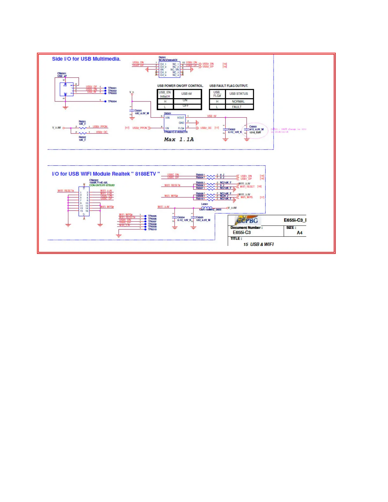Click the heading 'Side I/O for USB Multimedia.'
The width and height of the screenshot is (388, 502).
point(86,59)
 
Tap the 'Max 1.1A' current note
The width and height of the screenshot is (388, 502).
point(179,139)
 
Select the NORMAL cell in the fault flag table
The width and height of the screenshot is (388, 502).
point(238,102)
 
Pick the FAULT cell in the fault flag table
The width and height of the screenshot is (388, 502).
point(237,107)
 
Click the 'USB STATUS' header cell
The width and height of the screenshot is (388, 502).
point(239,94)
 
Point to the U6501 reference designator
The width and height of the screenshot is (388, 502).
point(167,113)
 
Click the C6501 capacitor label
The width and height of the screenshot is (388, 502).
point(138,111)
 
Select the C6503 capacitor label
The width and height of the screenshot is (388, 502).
point(253,126)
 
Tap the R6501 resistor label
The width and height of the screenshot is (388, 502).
point(82,122)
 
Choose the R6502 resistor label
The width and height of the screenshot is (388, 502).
point(82,137)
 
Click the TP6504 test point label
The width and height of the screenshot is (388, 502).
point(112,101)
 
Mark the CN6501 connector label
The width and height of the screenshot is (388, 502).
point(62,74)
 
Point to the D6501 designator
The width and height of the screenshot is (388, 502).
point(162,58)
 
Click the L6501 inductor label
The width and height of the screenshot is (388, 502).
point(205,204)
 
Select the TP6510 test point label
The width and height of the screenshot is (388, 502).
point(152,229)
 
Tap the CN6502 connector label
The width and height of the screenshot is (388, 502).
point(94,180)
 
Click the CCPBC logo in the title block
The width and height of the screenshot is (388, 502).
point(248,220)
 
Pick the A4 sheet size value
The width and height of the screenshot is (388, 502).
point(299,233)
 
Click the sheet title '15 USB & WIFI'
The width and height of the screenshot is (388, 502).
point(258,244)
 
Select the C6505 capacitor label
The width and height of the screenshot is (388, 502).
point(200,217)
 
